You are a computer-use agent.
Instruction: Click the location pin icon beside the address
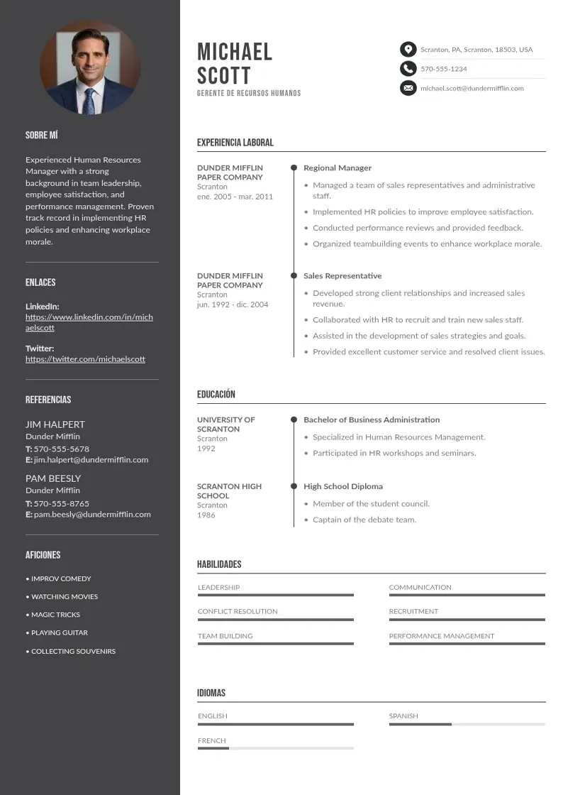tap(408, 49)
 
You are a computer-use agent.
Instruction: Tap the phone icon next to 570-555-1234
tap(408, 68)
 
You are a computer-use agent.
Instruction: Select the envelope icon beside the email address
tap(408, 88)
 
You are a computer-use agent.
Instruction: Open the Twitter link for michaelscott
tap(85, 359)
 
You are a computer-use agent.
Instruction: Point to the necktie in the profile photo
tap(90, 100)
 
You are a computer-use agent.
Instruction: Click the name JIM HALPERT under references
tap(55, 424)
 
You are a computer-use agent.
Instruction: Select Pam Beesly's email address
tap(92, 514)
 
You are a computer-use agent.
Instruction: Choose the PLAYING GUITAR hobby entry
tap(60, 632)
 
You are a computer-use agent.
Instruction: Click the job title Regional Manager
tap(338, 168)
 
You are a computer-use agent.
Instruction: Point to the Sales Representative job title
tap(342, 276)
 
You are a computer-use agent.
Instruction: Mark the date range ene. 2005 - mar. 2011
tap(235, 197)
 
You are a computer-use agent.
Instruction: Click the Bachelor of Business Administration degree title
tap(372, 420)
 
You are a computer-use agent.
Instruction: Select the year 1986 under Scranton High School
tap(206, 515)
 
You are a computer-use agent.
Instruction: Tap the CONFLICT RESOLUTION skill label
tap(238, 611)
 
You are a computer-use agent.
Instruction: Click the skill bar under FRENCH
tap(275, 748)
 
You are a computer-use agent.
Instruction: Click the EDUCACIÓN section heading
tap(216, 395)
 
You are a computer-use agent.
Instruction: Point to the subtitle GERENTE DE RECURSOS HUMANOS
tap(249, 94)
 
